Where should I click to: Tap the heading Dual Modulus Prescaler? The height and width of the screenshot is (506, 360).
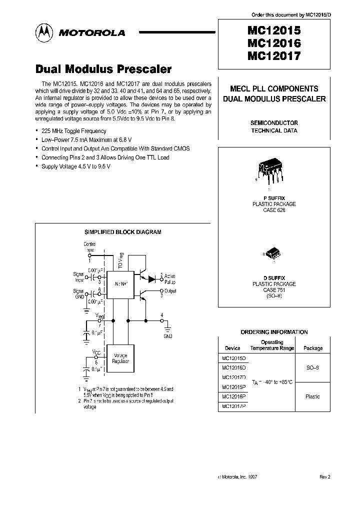coord(103,69)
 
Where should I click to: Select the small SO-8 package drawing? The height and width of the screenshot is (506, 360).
coord(273,253)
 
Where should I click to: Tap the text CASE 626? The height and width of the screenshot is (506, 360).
coord(274,210)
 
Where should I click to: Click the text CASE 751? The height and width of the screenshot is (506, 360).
coord(274,290)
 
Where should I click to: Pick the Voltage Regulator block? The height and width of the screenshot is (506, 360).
coord(121,358)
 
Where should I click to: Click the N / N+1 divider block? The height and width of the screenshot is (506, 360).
coord(121,282)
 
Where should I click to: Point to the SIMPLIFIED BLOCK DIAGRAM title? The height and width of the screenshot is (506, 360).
coord(122,232)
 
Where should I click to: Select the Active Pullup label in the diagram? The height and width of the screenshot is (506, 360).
coord(169,278)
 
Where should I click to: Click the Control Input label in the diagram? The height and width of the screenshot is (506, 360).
coord(89,246)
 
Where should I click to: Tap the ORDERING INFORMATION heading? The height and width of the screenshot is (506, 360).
coord(274,332)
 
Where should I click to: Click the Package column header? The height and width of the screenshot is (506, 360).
coord(313,348)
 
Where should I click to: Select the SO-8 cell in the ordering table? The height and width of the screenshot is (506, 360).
coord(313,367)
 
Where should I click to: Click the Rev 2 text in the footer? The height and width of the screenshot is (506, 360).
coord(325,477)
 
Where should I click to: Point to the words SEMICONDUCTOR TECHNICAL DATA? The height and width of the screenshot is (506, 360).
coord(274,126)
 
